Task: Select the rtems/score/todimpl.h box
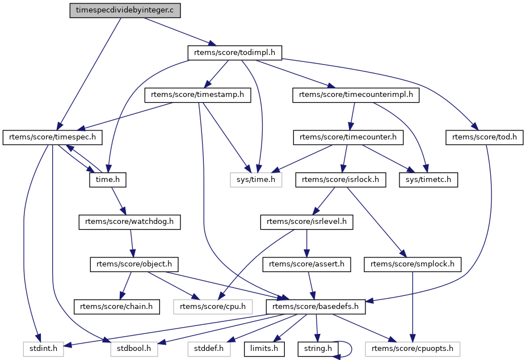[x=235, y=53]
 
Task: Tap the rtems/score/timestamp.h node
[x=197, y=95]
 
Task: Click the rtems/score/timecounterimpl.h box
[x=356, y=95]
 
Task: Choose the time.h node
[x=107, y=180]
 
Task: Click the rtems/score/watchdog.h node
[x=129, y=222]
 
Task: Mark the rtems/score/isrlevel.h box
[x=306, y=222]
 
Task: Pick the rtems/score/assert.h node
[x=307, y=264]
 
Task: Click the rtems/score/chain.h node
[x=117, y=306]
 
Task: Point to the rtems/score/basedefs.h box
[x=315, y=306]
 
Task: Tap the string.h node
[x=317, y=348]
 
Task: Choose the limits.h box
[x=265, y=348]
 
